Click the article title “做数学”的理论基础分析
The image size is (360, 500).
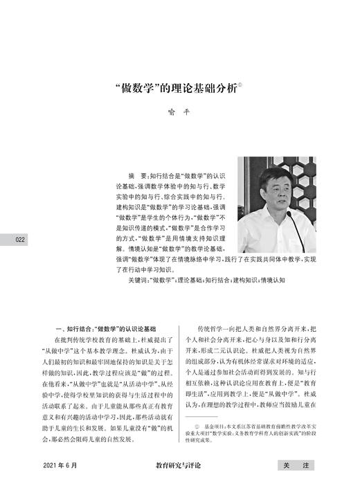point(177,88)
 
